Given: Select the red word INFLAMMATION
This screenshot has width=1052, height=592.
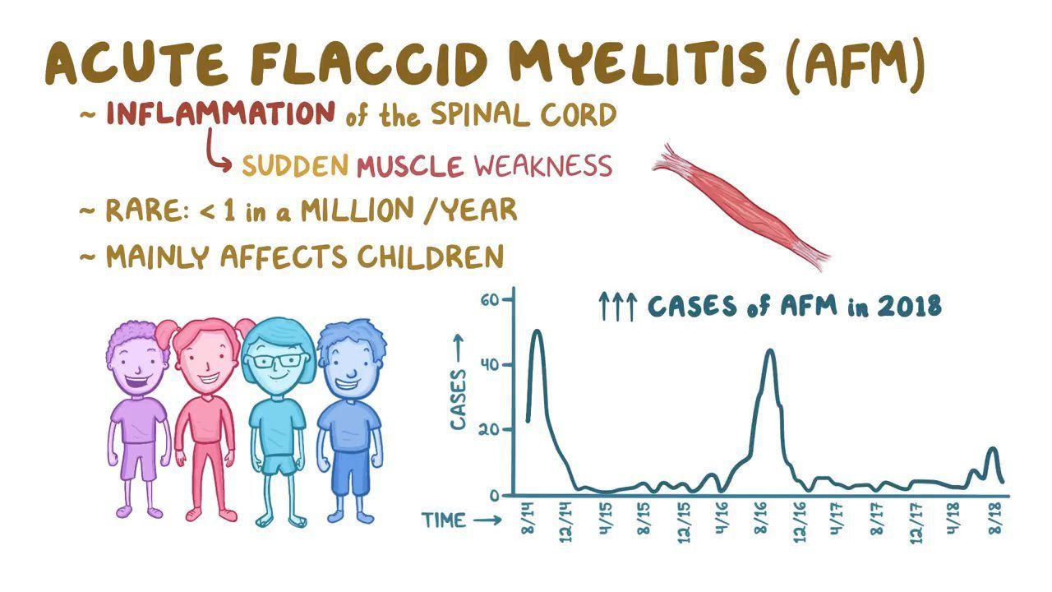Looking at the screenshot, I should pos(220,113).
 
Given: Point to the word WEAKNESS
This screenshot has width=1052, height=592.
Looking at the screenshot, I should pos(543,166).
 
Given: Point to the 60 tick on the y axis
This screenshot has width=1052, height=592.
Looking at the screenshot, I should pos(490,300).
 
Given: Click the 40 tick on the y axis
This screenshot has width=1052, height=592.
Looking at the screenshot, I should pos(490,364).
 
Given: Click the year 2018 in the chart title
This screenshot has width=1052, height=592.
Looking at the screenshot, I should pos(908,307).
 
